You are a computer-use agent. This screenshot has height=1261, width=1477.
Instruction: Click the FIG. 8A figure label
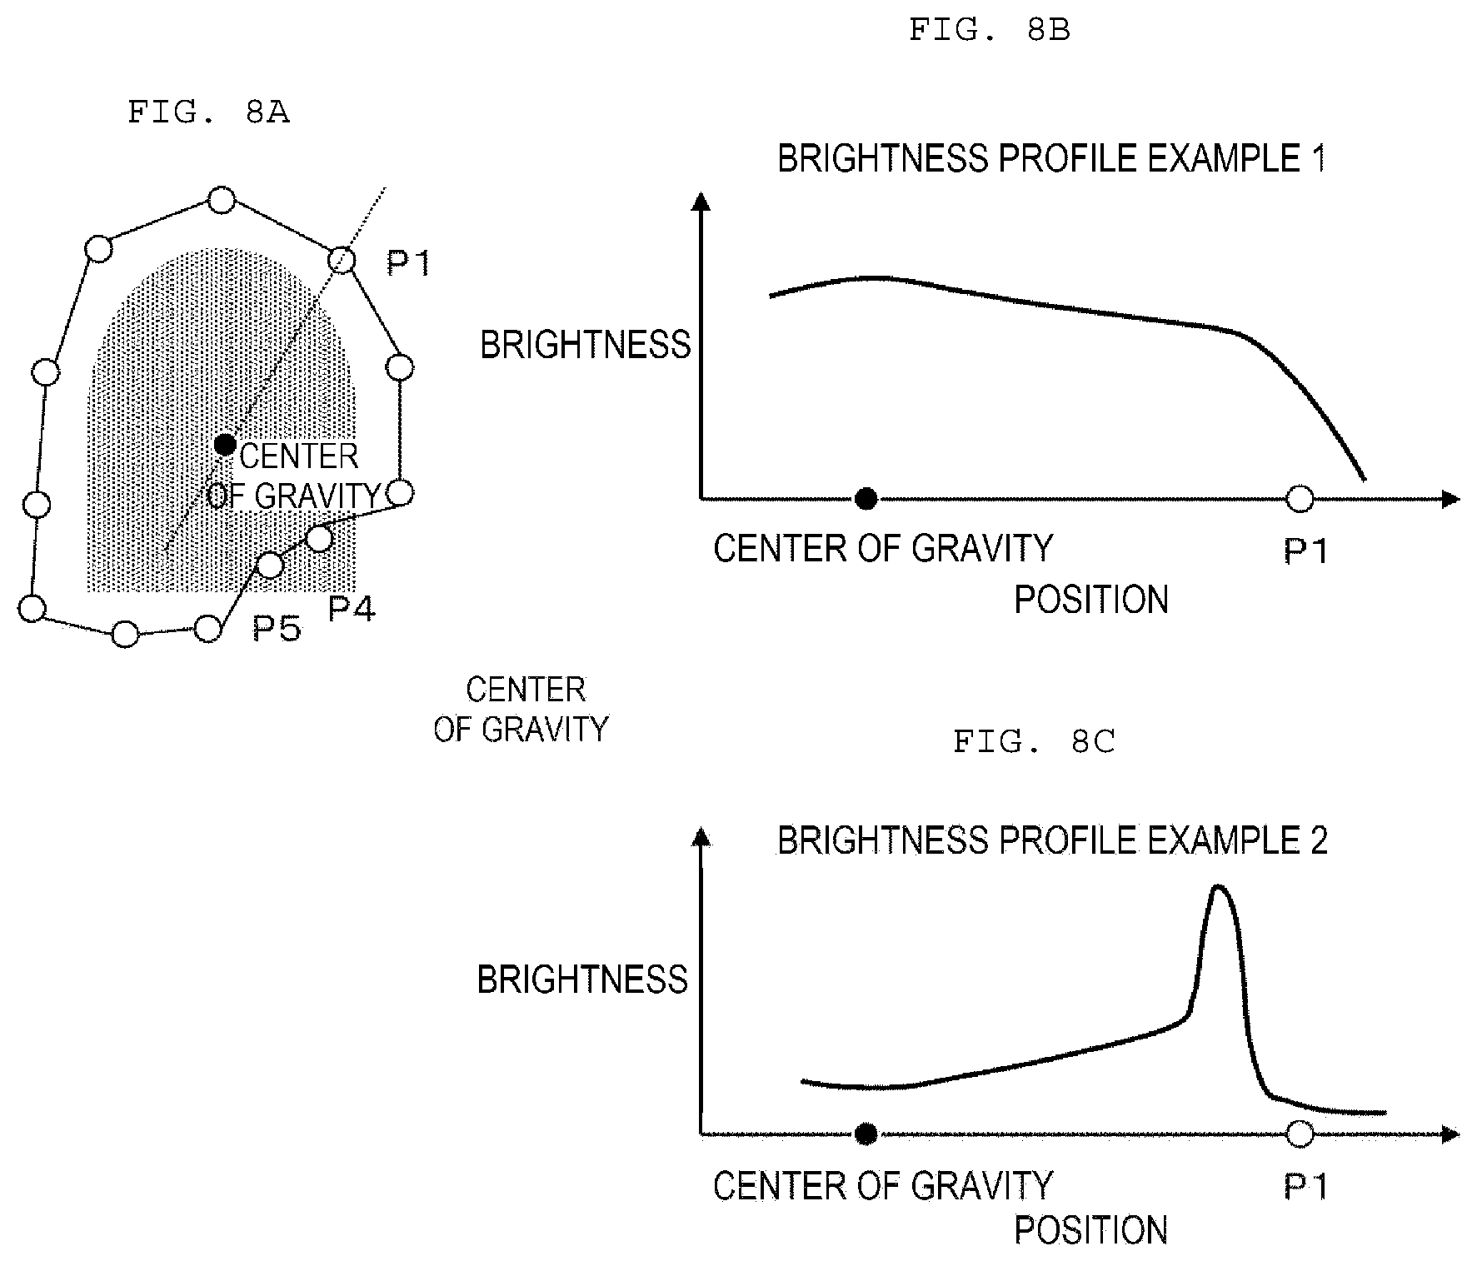208,112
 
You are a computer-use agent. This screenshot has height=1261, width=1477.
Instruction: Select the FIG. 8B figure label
989,30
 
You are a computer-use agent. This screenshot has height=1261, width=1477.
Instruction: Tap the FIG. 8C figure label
1034,740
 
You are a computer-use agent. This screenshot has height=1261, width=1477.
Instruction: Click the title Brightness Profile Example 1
1051,158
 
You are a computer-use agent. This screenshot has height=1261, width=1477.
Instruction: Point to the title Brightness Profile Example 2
1052,840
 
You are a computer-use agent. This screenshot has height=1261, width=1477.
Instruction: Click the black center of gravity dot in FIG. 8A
225,445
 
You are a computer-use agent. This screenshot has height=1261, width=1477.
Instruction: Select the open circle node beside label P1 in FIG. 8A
341,260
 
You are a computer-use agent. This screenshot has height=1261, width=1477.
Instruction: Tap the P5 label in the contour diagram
277,628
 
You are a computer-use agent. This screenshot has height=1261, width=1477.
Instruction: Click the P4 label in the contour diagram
352,609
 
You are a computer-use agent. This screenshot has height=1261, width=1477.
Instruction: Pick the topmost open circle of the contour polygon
221,200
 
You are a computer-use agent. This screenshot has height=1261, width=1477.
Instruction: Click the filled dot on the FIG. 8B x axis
867,499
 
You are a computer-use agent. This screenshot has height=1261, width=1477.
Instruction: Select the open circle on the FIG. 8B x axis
1300,499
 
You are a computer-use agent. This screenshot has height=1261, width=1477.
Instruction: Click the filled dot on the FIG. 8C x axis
867,1134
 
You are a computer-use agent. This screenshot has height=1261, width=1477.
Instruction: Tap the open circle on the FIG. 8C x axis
1300,1134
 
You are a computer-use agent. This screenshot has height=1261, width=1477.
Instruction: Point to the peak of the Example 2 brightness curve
1220,886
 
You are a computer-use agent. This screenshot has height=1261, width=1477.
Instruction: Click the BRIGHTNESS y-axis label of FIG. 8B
586,345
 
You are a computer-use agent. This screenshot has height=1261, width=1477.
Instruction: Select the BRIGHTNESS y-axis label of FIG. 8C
582,979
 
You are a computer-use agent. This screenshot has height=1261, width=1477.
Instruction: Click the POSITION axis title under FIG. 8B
1091,600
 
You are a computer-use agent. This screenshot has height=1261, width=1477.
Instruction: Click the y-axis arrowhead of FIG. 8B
702,202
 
